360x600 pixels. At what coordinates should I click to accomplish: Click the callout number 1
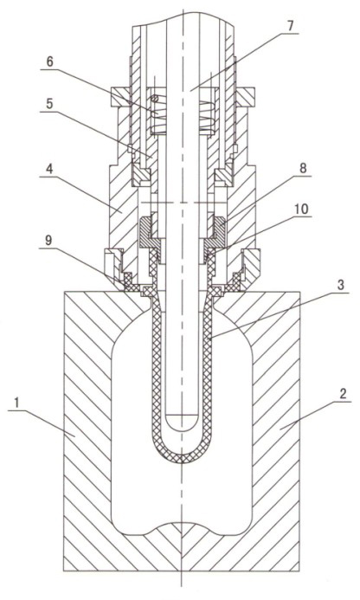(16, 403)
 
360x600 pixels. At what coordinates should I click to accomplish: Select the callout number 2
(343, 394)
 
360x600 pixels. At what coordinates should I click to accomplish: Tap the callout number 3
(341, 285)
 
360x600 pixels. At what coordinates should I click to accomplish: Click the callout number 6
(50, 61)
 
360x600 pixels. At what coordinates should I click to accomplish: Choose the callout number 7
(290, 26)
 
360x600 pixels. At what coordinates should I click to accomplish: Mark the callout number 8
(303, 168)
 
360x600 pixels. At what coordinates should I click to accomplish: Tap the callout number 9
(48, 240)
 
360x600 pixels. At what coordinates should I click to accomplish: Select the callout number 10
(302, 209)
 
